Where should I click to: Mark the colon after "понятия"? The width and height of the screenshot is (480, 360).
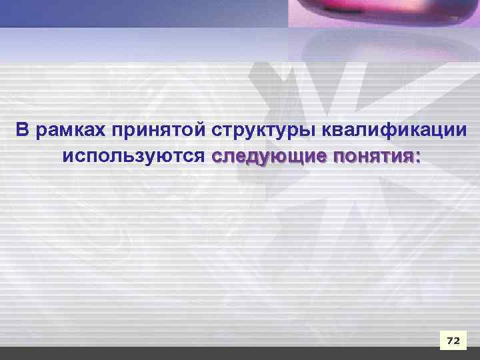tap(418, 159)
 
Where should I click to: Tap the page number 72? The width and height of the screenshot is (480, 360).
tap(453, 341)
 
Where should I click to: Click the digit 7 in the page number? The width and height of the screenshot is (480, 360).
tap(449, 341)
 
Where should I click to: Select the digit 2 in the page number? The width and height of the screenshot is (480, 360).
tap(457, 341)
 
